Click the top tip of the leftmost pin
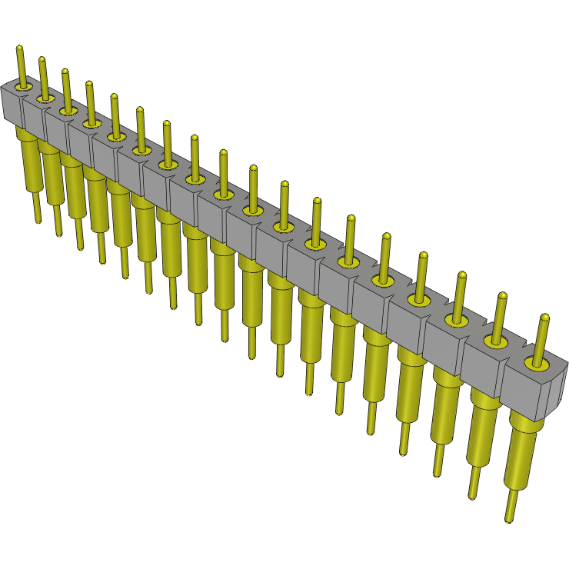(x=19, y=49)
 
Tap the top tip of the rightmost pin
(x=544, y=318)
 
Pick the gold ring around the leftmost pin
(x=22, y=87)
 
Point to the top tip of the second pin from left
(x=42, y=60)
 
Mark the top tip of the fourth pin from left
(x=89, y=84)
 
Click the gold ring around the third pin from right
(x=458, y=318)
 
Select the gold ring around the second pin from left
(x=45, y=98)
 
